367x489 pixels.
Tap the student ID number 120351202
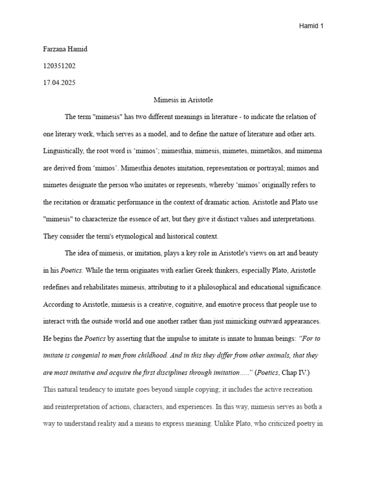pos(59,66)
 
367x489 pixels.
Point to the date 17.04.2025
pos(59,83)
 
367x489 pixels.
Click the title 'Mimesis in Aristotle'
pos(183,100)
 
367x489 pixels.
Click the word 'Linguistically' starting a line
pos(63,151)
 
